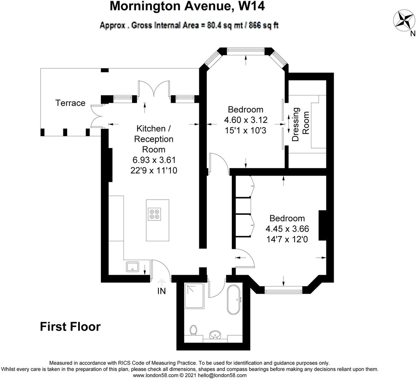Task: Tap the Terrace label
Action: point(70,103)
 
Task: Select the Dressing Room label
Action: point(300,125)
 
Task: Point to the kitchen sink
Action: point(132,267)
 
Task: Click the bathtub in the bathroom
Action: point(235,299)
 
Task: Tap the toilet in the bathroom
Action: point(193,330)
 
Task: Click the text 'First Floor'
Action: point(70,326)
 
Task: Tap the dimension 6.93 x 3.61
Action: point(154,160)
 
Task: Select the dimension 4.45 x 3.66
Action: point(287,229)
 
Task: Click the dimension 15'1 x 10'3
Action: point(246,131)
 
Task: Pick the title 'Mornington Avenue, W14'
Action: point(187,6)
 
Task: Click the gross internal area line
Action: point(189,25)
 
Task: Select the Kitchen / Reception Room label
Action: point(154,139)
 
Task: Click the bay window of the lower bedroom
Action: point(284,291)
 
